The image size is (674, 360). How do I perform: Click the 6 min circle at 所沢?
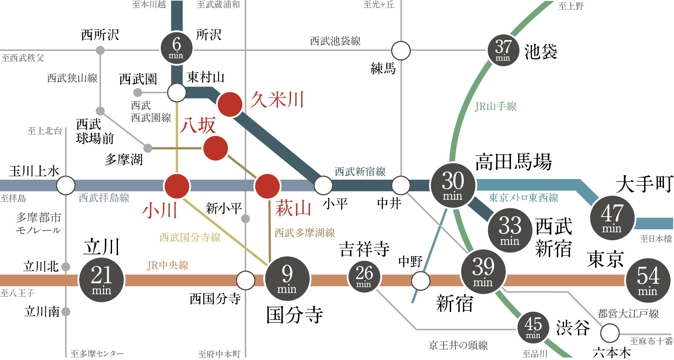(177, 48)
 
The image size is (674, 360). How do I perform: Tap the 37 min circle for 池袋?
(503, 50)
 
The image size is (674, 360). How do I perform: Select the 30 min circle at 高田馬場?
(453, 185)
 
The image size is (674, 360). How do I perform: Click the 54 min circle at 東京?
(648, 280)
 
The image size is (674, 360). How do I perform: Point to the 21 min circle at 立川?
(102, 279)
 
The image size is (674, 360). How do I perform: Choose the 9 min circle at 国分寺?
(287, 279)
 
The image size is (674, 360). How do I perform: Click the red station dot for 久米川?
(230, 105)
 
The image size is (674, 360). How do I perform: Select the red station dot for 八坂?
(215, 148)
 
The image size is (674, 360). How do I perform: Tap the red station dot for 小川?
(177, 186)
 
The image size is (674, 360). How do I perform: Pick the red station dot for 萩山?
(267, 186)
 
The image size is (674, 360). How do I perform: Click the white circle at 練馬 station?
(401, 51)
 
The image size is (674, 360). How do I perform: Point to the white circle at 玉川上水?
(66, 185)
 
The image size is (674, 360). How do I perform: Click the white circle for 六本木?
(610, 333)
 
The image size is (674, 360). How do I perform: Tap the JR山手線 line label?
(495, 106)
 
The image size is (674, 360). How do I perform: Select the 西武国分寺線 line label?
(190, 237)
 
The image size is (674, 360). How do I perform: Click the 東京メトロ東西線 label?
(524, 197)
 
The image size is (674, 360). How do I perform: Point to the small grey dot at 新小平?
(246, 218)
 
